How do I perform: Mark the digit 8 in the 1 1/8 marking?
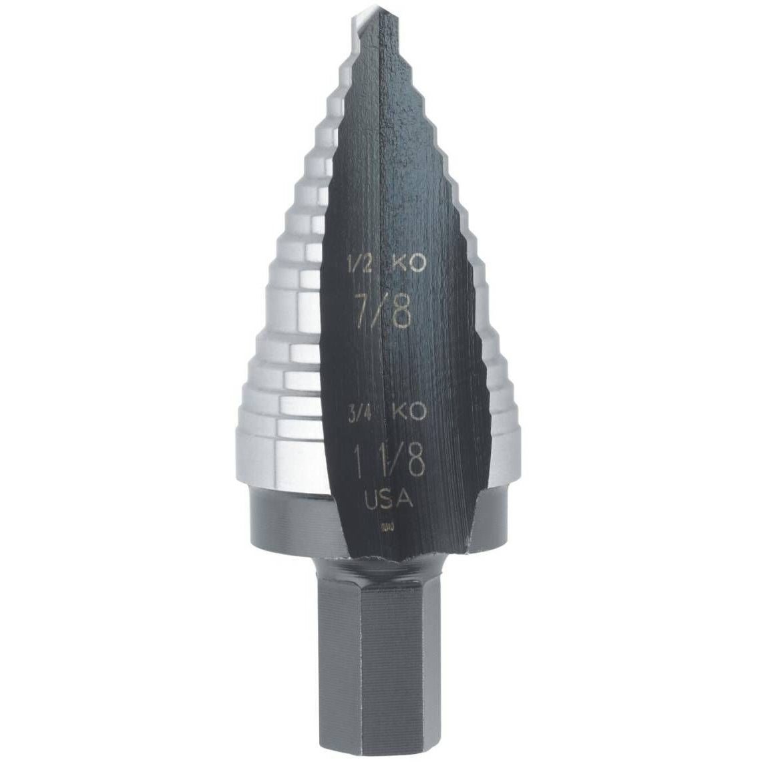(414, 463)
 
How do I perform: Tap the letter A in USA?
(407, 502)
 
